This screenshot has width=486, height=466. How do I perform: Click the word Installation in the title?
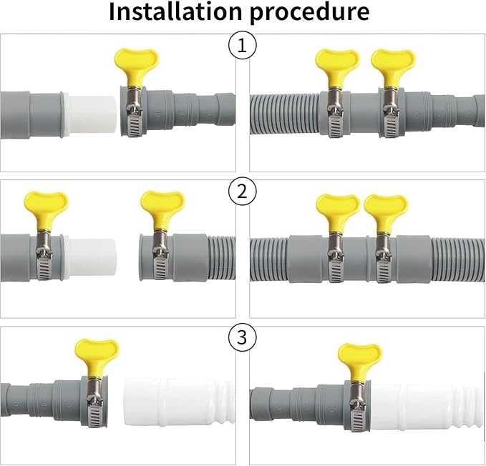click(175, 11)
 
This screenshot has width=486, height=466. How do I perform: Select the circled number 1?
click(243, 46)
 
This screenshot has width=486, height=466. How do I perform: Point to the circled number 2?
click(243, 192)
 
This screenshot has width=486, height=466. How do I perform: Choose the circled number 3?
click(243, 337)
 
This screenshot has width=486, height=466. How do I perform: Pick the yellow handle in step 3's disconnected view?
click(97, 360)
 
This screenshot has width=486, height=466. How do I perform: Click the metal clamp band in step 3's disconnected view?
click(97, 403)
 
